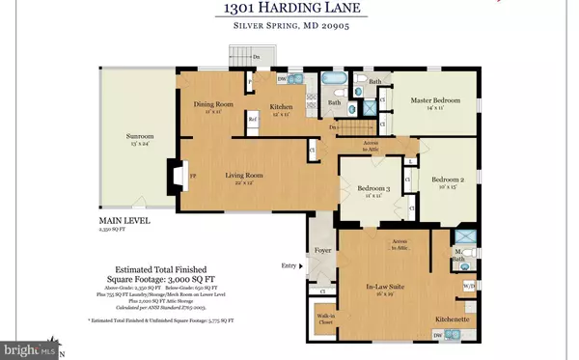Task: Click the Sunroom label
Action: pos(140,137)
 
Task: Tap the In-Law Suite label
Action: pos(391,287)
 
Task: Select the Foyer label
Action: pos(319,256)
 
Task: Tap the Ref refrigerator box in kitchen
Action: pos(254,120)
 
